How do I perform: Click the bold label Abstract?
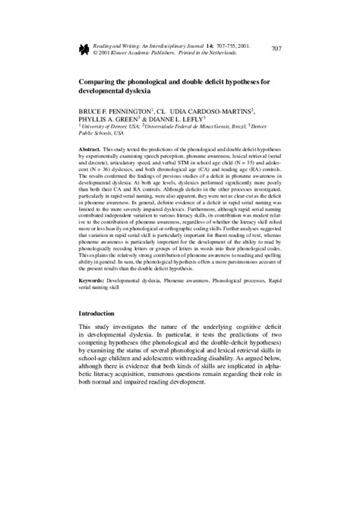(x=92, y=153)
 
